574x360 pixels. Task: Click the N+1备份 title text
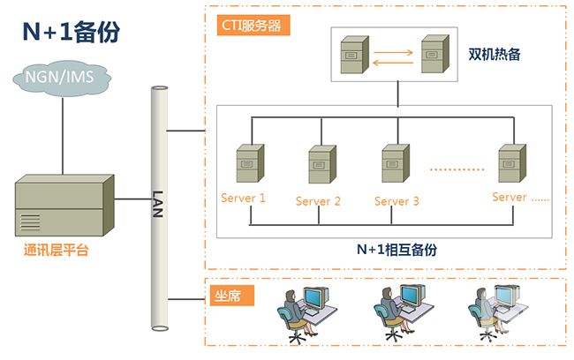[71, 34]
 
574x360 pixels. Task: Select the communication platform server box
[64, 206]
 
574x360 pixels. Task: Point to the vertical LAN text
[159, 202]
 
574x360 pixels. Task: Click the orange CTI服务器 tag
[252, 26]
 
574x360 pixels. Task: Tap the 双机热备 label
[495, 55]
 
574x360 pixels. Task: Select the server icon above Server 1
[249, 165]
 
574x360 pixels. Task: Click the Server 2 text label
[318, 201]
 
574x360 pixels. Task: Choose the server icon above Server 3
[394, 165]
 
